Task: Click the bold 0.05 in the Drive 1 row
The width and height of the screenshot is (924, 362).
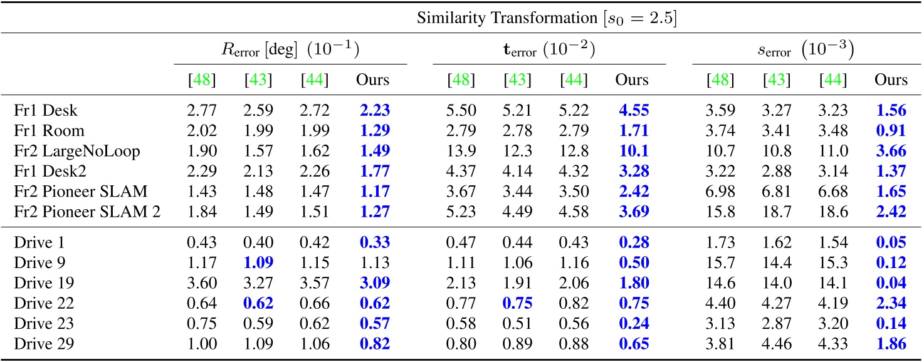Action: point(891,242)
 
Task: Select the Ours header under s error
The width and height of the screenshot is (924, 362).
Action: point(891,80)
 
